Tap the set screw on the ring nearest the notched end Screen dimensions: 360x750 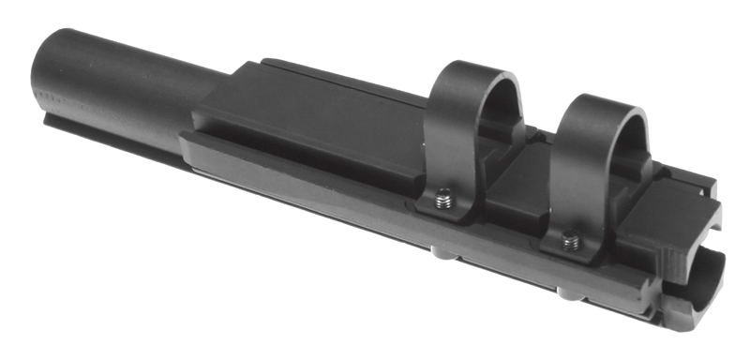[569, 243]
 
